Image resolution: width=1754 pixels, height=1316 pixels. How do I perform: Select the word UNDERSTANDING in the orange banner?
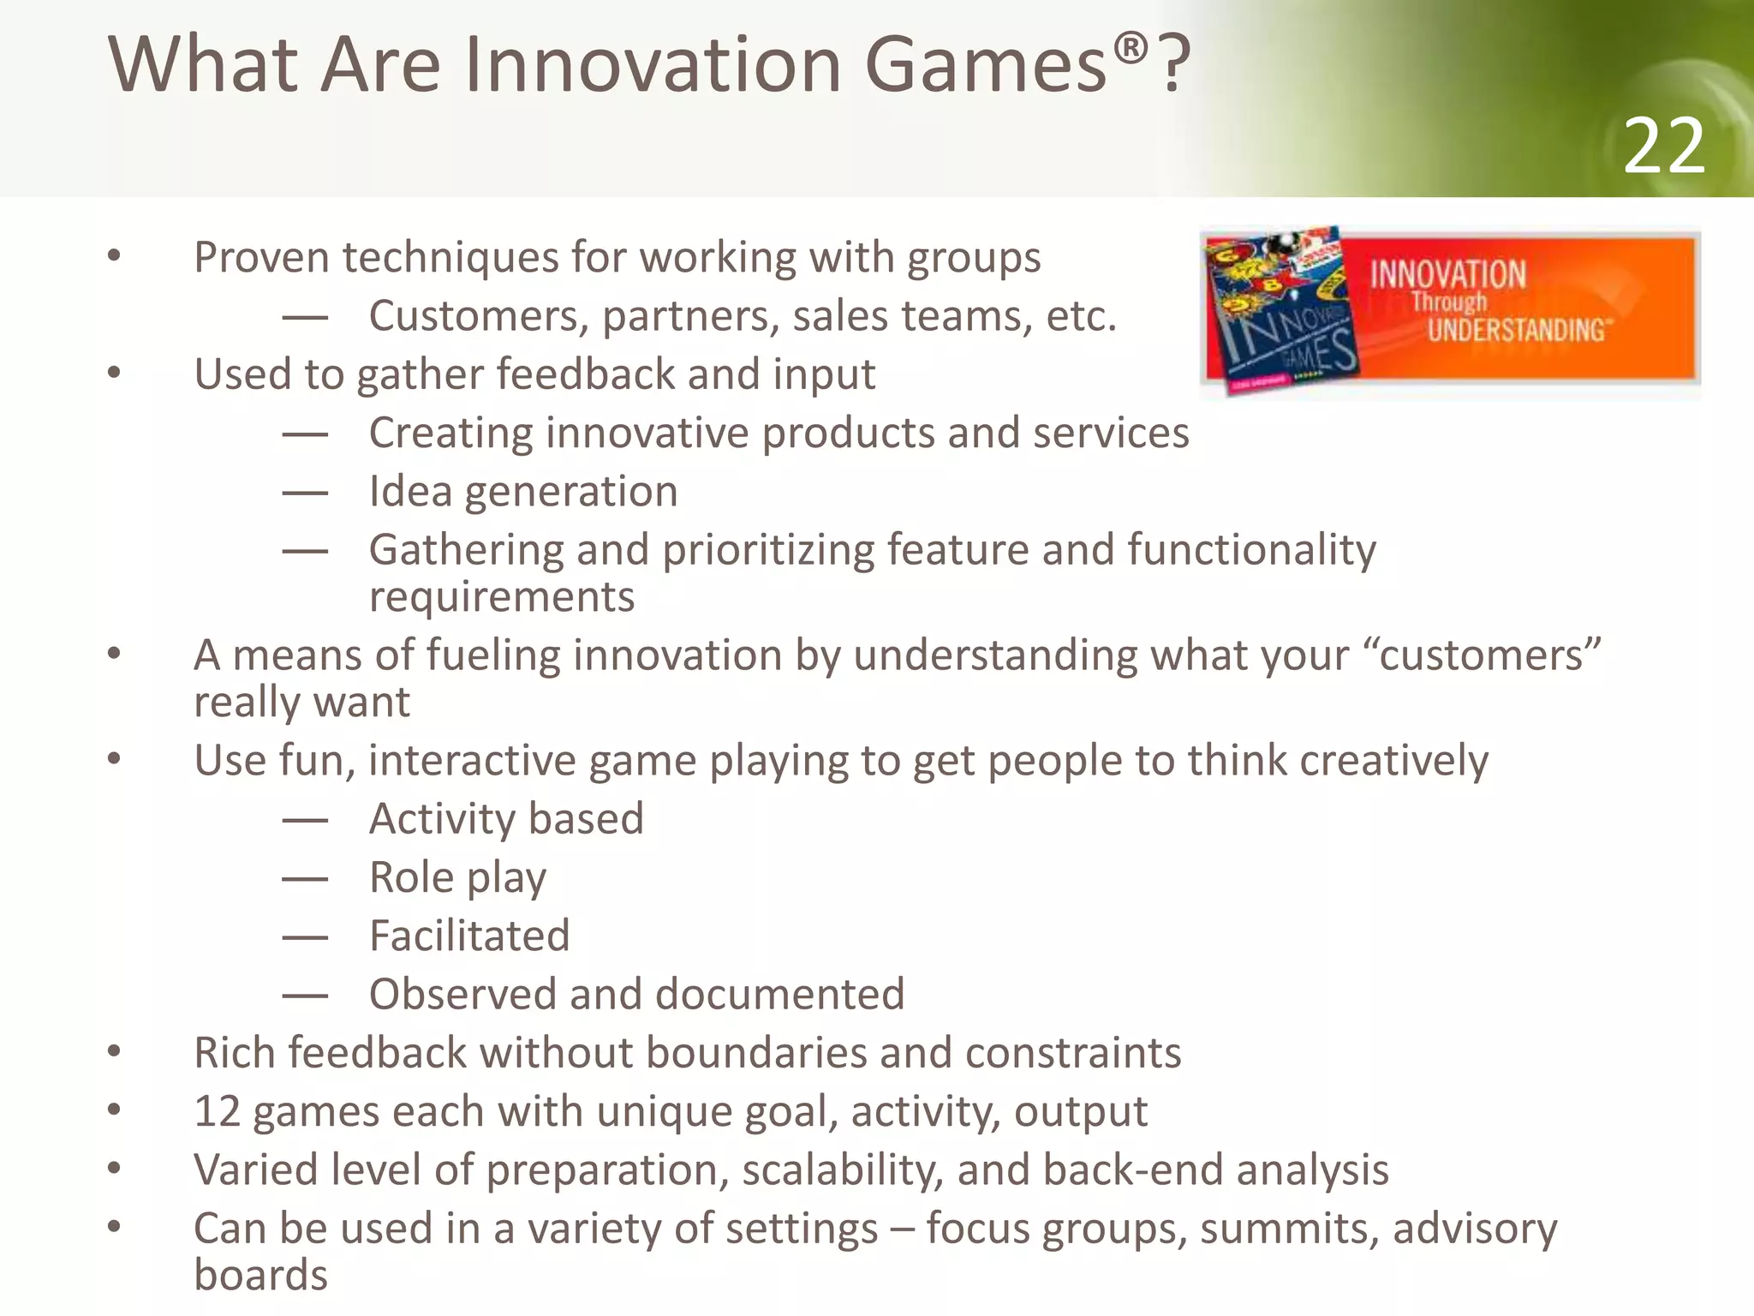[1517, 330]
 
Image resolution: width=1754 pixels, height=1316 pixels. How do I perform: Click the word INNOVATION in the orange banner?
[1447, 275]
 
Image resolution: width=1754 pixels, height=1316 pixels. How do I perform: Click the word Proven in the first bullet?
[261, 257]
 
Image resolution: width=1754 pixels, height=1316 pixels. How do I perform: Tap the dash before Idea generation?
[305, 493]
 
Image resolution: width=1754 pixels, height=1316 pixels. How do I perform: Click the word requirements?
[502, 596]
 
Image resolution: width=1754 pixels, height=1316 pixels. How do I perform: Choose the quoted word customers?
[1489, 655]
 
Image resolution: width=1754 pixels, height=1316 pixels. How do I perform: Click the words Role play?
[457, 878]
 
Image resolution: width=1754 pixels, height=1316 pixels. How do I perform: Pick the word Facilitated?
[469, 936]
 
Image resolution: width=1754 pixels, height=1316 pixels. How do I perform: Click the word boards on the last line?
[260, 1275]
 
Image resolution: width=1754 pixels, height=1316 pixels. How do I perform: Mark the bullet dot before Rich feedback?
[114, 1052]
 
